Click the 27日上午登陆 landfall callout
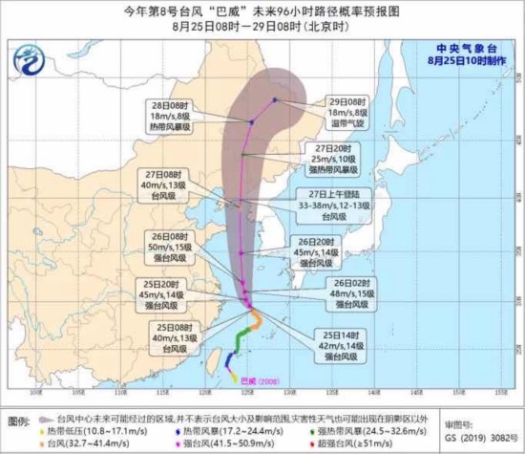(333, 205)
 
